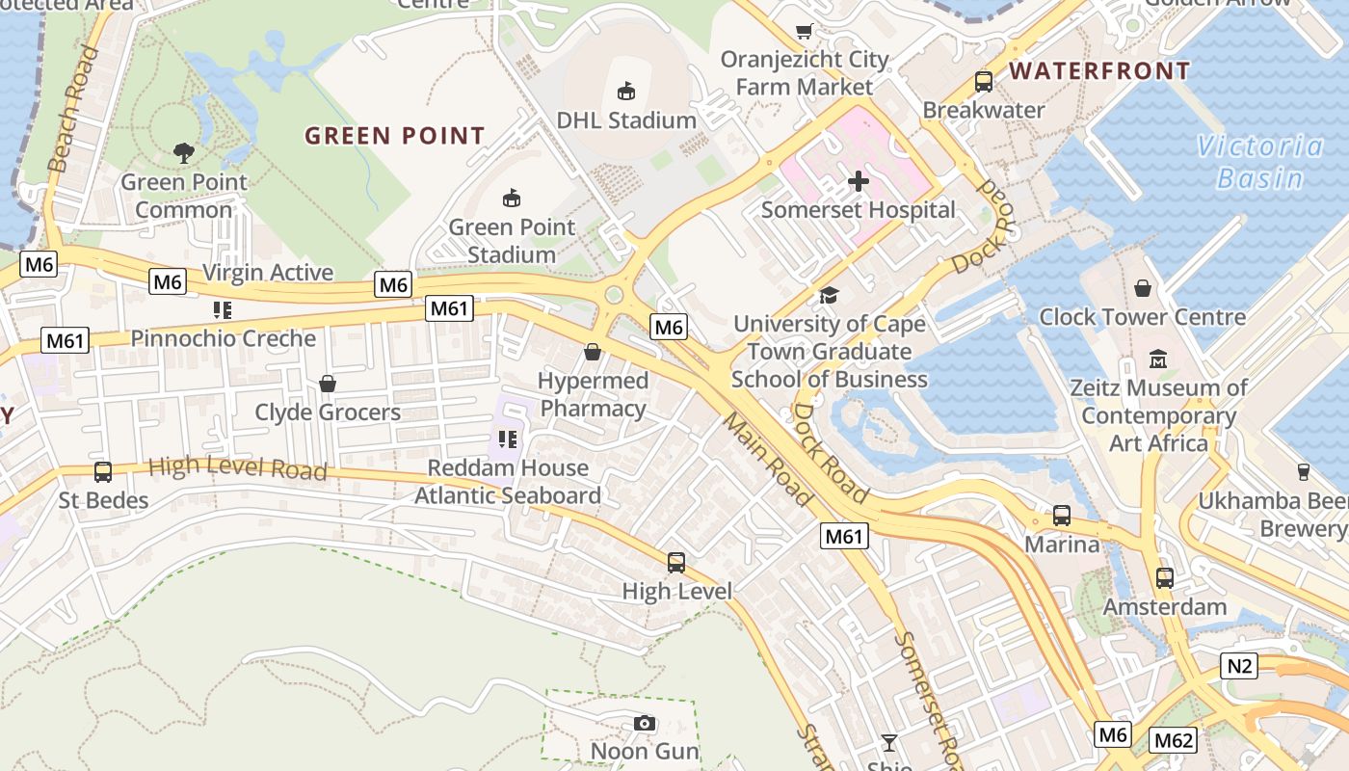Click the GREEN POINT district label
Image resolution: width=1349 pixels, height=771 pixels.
[395, 136]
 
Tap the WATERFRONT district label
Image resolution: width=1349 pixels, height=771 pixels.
[1099, 71]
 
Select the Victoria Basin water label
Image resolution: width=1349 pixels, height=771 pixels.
[1260, 162]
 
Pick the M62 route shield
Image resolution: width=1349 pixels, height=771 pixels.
[1173, 740]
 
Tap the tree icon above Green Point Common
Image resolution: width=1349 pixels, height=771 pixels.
[183, 152]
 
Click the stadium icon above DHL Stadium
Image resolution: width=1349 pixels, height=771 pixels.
[626, 92]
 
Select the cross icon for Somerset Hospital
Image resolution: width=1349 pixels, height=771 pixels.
[858, 181]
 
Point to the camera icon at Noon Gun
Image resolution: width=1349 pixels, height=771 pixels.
[645, 723]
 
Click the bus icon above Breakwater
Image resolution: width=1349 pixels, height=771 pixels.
[983, 82]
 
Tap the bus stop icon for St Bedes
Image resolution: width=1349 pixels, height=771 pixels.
[103, 472]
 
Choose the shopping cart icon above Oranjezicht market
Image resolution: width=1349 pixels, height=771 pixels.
[804, 31]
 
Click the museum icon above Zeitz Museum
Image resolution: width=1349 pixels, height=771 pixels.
[1158, 359]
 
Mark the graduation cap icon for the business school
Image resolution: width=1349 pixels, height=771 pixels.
[829, 295]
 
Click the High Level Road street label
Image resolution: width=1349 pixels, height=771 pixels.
[237, 468]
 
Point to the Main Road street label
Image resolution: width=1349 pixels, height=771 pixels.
[767, 460]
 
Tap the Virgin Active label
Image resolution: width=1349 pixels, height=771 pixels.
[268, 273]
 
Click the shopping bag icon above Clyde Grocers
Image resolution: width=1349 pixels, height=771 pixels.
[328, 384]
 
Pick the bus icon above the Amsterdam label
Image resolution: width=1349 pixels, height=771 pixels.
[1164, 578]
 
